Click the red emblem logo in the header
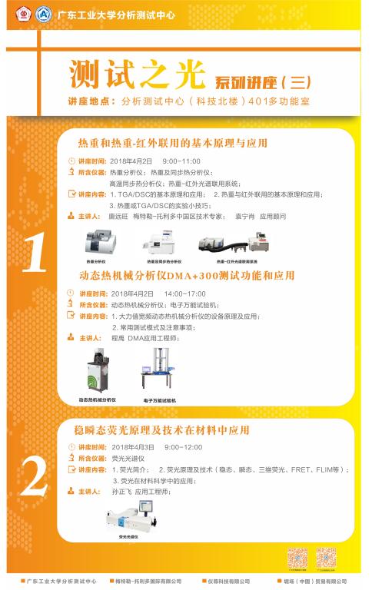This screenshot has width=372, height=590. (25, 12)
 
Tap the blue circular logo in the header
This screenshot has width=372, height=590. (43, 12)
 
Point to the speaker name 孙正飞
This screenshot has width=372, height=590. (121, 491)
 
